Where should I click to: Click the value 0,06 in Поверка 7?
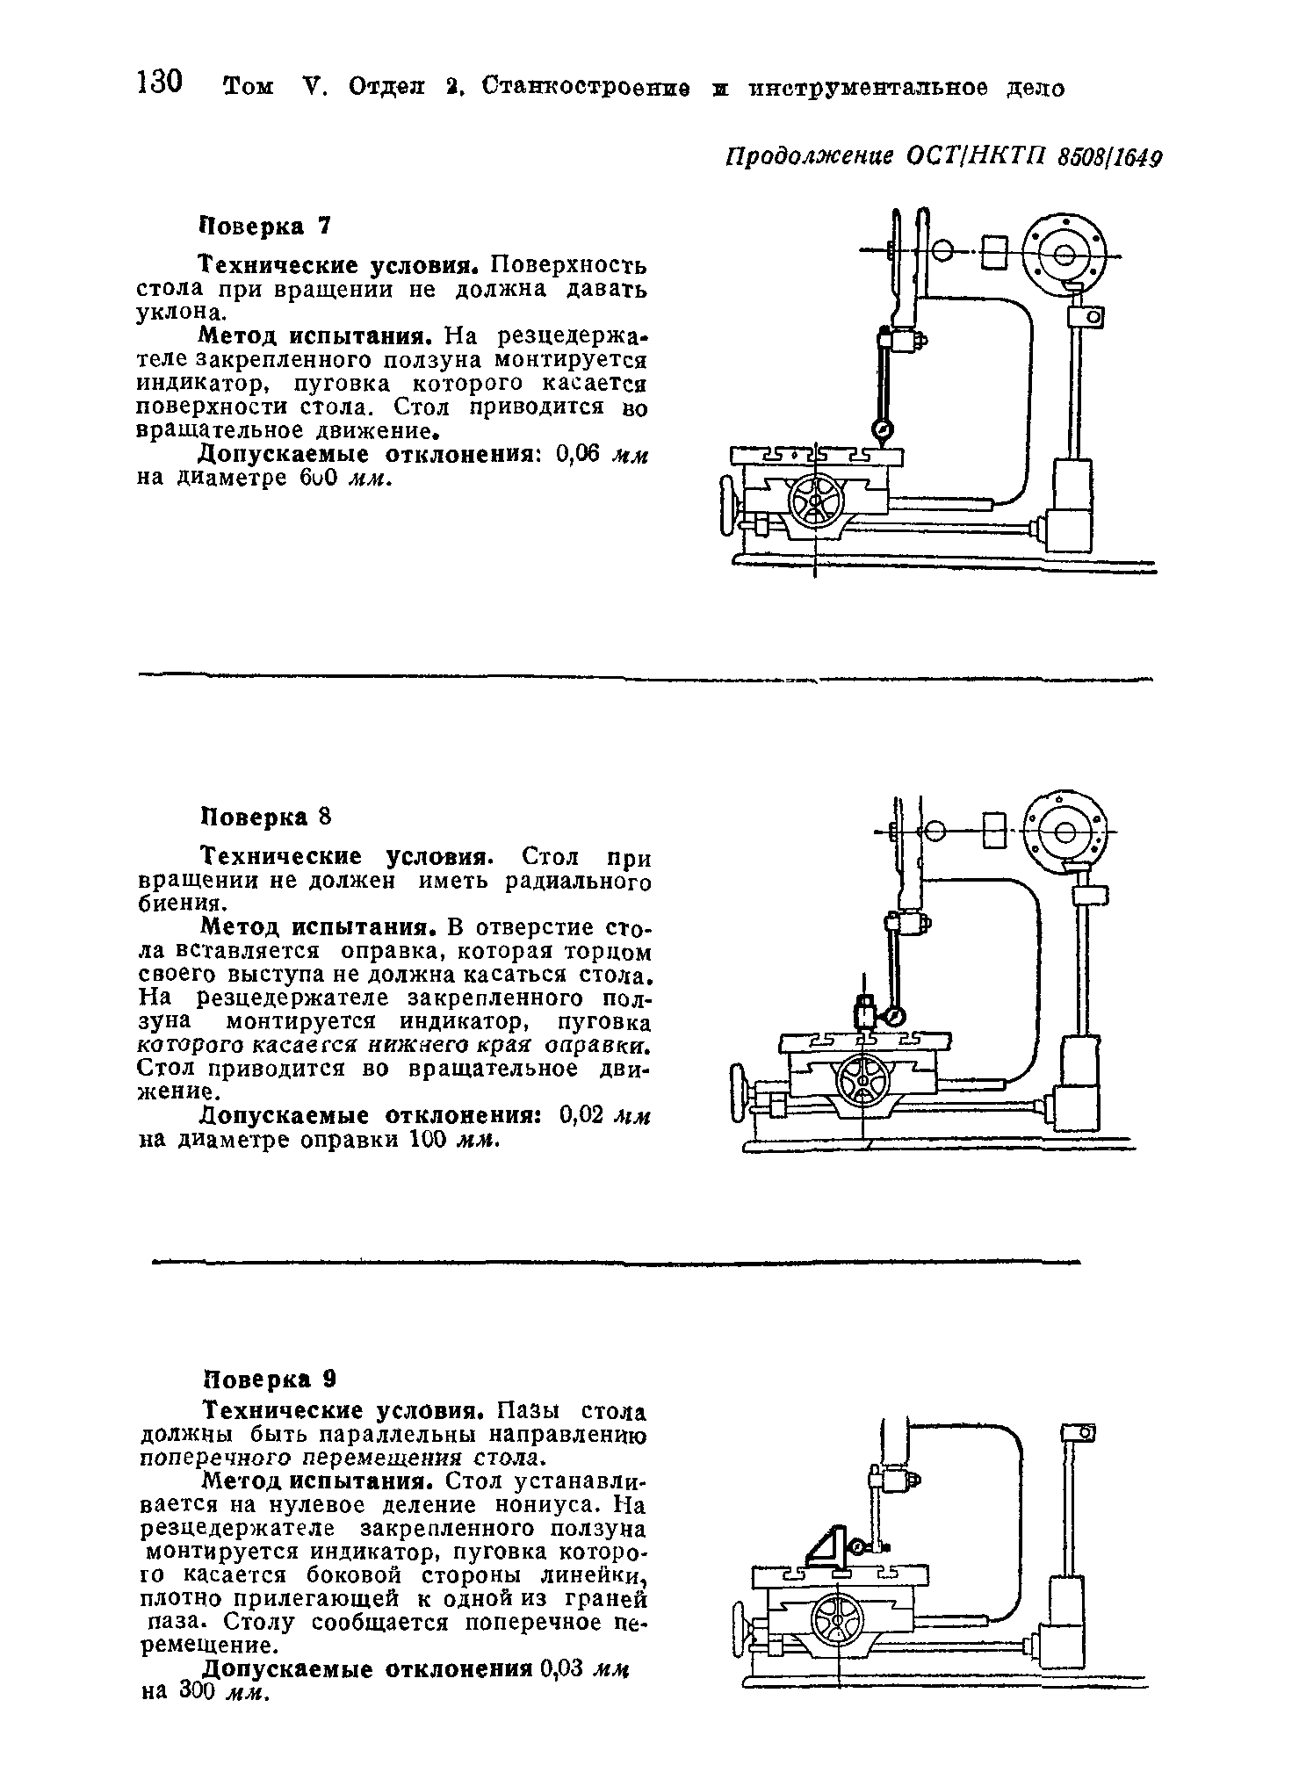point(578,454)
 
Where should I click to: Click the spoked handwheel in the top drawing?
point(816,501)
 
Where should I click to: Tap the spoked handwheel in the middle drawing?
point(862,1078)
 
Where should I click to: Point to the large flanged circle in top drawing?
point(1064,256)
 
